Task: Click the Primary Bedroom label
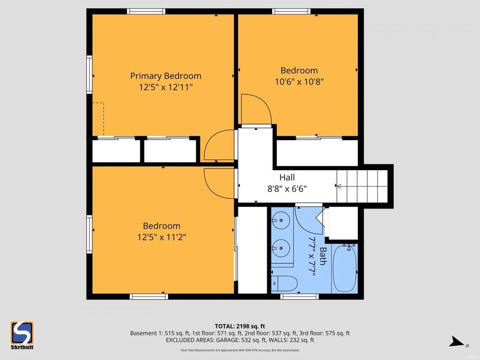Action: [165, 76]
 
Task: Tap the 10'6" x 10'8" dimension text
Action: [299, 82]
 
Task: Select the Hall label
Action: [287, 178]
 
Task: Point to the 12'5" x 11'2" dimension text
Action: [161, 236]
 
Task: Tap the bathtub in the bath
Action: [345, 268]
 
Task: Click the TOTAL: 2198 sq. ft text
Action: [239, 325]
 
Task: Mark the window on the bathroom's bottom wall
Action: [296, 296]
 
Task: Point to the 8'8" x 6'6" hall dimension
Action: [287, 188]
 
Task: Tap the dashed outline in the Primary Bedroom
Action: [98, 118]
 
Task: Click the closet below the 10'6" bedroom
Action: [317, 153]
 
